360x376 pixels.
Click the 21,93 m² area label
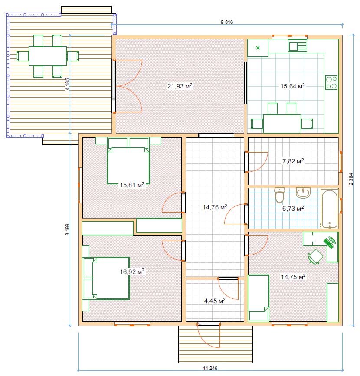(x=180, y=86)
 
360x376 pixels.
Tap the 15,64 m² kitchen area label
(x=293, y=86)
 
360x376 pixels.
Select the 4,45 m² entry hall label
(x=215, y=301)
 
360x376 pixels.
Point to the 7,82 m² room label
(x=293, y=161)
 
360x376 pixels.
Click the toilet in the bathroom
(x=279, y=194)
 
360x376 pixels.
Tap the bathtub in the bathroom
(x=330, y=209)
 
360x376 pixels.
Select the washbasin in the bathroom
(x=303, y=193)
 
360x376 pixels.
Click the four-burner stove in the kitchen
(x=331, y=82)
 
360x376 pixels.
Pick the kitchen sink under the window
(x=298, y=46)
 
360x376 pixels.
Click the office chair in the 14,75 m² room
(x=315, y=257)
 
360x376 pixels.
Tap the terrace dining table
(x=48, y=56)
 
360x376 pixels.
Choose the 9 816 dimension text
(x=227, y=22)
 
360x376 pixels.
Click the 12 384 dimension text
(x=351, y=180)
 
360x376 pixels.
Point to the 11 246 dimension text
(x=210, y=368)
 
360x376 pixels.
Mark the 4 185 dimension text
(x=67, y=84)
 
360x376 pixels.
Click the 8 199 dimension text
(x=67, y=229)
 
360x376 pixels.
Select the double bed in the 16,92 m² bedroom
(x=106, y=278)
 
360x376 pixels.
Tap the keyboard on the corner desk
(x=330, y=242)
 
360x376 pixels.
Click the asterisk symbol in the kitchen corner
(x=258, y=48)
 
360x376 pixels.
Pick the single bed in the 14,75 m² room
(x=259, y=298)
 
